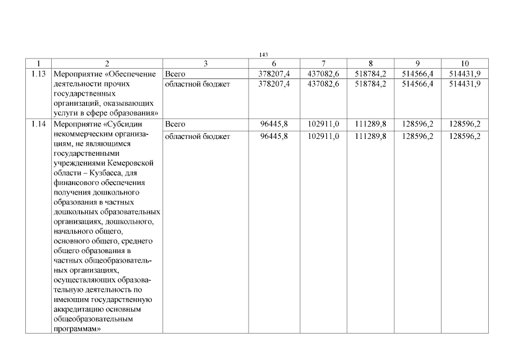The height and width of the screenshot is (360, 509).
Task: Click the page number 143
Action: coord(263,54)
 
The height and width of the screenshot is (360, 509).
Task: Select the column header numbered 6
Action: coord(274,64)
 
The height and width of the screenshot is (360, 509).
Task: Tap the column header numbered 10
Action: coord(465,64)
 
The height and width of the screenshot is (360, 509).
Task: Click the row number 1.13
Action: coord(38,74)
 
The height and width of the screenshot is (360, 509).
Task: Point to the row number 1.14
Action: coord(38,124)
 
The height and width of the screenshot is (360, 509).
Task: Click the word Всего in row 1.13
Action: coord(174,74)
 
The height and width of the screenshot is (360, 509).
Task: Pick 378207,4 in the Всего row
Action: coord(274,74)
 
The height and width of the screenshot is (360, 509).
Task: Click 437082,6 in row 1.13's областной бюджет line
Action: coord(323,84)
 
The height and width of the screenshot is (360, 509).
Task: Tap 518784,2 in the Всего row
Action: coord(371,74)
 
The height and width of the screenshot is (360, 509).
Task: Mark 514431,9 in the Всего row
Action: coord(465,74)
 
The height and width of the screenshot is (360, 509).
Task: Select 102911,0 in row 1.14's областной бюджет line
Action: coord(323,136)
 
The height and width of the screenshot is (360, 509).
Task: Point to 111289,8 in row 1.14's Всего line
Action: coord(371,124)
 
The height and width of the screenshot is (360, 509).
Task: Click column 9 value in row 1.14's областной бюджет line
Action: coord(418,136)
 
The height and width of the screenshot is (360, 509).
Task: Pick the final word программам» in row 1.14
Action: coord(76,328)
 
